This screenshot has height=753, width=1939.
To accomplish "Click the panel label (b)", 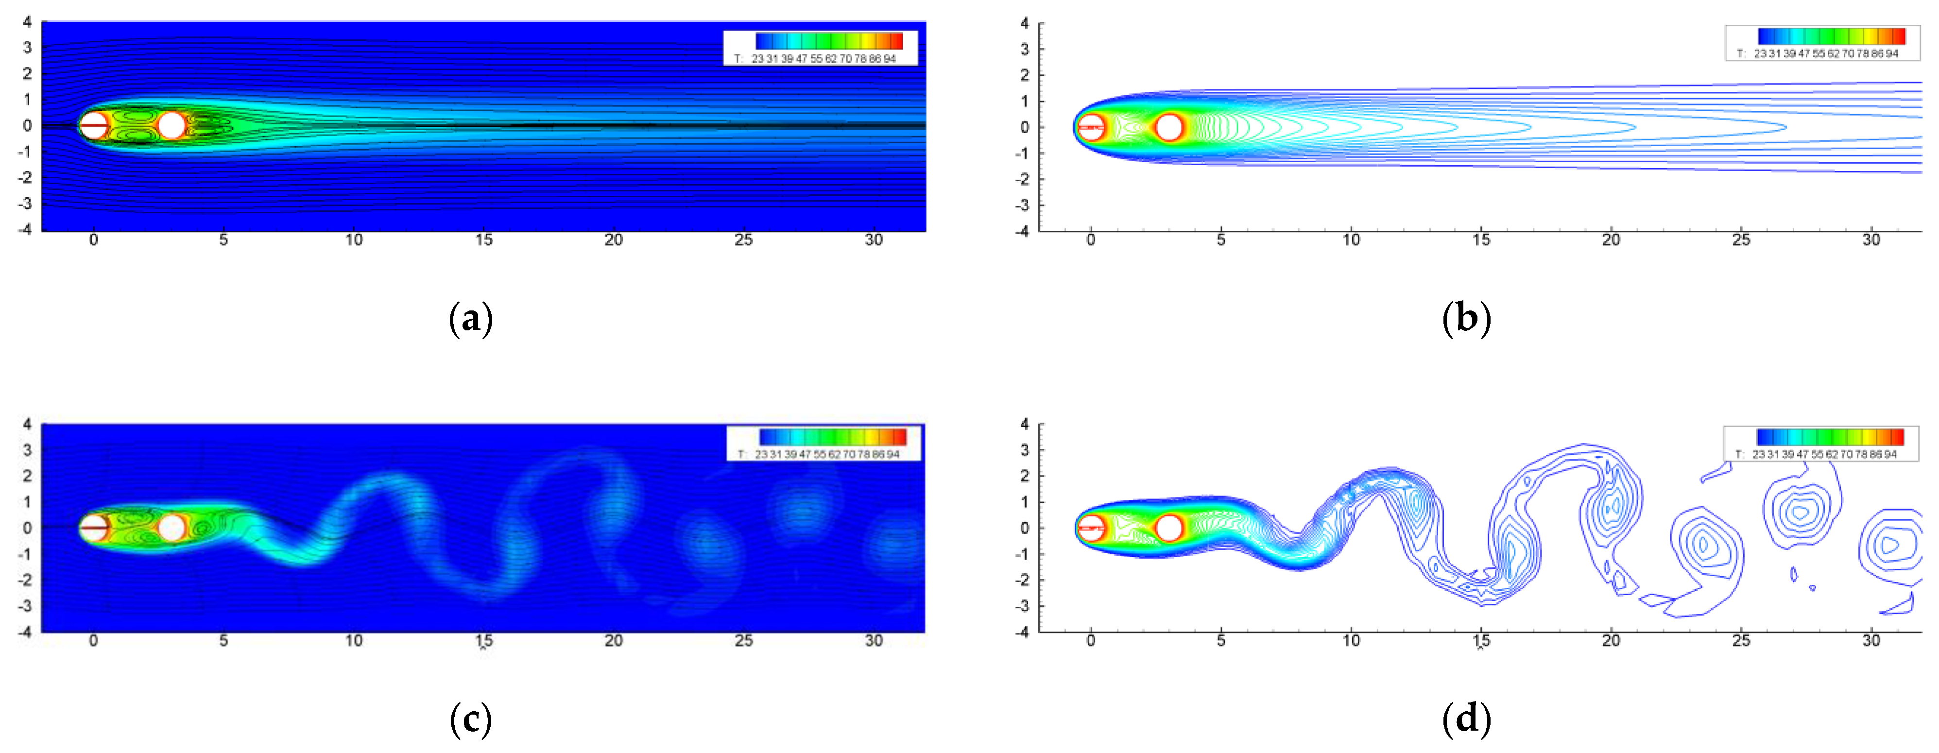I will coord(1465,319).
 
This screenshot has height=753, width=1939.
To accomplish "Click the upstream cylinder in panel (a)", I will coord(94,125).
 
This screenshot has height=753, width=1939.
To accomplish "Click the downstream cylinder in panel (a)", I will coord(172,125).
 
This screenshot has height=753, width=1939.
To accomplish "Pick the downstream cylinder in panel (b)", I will coord(1168,127).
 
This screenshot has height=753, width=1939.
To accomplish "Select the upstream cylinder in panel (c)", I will coord(94,527).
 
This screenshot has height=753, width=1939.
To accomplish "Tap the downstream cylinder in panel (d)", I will coord(1168,528).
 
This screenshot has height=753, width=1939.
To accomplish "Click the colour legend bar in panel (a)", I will coord(829,41).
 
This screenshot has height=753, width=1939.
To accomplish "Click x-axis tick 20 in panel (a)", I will coord(614,240).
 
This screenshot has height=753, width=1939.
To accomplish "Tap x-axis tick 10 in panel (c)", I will coord(354,641).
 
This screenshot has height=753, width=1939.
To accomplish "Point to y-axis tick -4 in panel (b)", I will coord(1023,231).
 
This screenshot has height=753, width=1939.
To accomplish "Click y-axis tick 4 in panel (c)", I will coord(27,424).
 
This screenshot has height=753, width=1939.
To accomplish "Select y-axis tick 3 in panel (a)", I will coord(27,48).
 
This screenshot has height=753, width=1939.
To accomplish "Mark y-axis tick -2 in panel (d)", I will coord(1023,580).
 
